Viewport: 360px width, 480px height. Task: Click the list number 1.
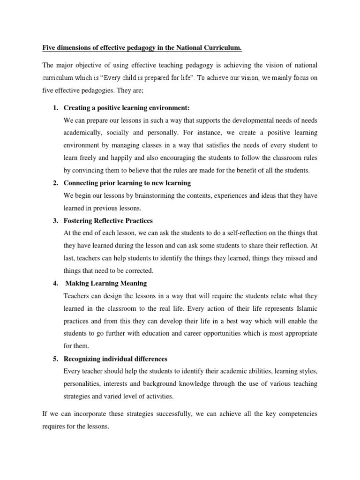coord(55,109)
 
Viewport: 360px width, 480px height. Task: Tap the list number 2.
coord(55,183)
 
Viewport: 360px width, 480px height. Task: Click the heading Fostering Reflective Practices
coord(108,220)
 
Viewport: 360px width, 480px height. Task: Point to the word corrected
coord(137,270)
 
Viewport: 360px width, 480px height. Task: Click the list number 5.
coord(55,359)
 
